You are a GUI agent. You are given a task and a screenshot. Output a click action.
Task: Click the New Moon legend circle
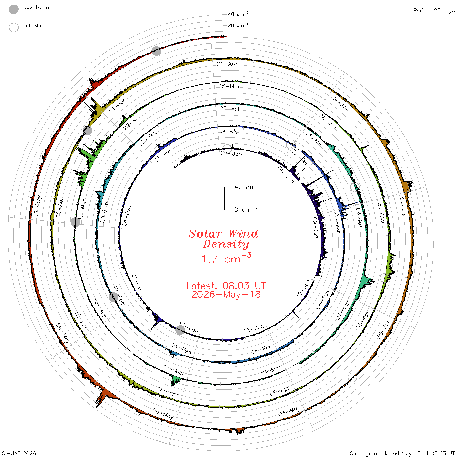point(13,9)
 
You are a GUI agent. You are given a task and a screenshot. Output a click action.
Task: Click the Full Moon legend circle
point(13,27)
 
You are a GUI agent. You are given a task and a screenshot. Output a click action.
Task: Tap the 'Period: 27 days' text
point(434,11)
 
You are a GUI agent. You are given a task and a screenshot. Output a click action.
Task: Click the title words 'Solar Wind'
point(223,234)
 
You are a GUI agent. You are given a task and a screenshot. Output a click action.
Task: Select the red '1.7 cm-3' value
point(226,258)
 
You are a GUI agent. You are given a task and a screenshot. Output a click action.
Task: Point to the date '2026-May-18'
point(226,294)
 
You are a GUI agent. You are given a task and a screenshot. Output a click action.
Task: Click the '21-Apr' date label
point(227,64)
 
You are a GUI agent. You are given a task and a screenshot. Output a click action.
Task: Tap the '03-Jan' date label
point(231,153)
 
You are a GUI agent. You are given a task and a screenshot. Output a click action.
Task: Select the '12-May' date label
point(38,205)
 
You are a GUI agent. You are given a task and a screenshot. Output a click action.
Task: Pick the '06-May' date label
point(163,413)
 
